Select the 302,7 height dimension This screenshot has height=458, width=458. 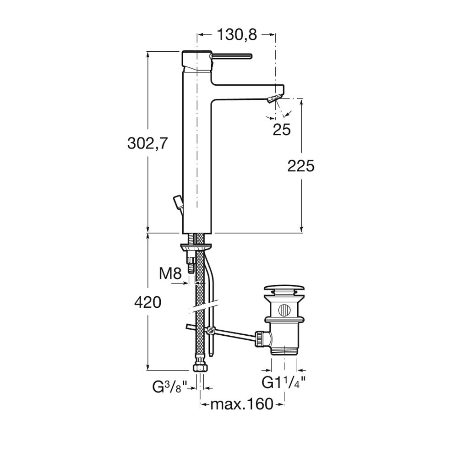pos(148,143)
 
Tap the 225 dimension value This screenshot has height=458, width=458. pos(301,166)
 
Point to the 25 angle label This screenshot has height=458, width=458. pos(282,129)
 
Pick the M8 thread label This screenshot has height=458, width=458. pos(170,274)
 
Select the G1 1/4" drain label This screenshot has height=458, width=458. pos(283,382)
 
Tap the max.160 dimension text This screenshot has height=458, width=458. pos(242,404)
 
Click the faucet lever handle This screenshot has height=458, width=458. pos(231,55)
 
